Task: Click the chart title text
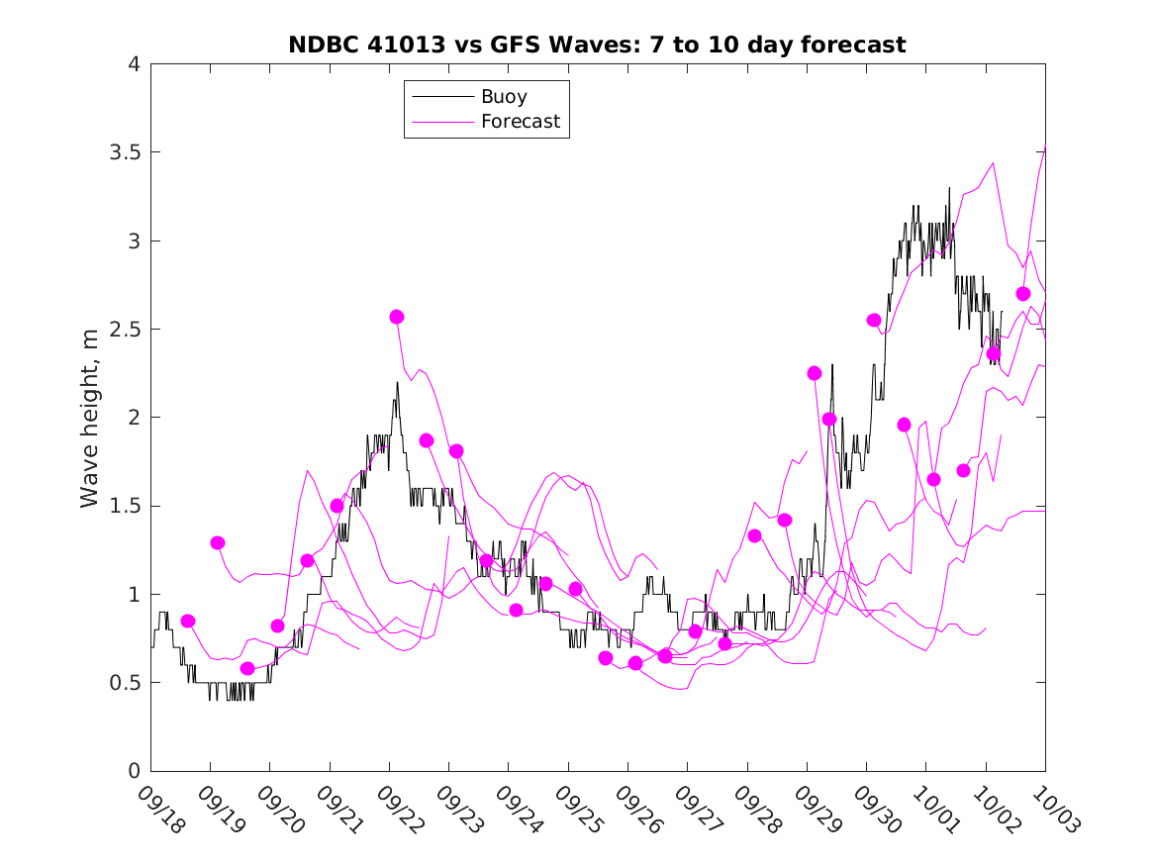(597, 45)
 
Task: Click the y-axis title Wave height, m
(90, 418)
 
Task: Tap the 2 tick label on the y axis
(134, 418)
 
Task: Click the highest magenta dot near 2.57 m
(397, 317)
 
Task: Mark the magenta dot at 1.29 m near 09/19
(218, 542)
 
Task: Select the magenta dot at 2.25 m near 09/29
(815, 373)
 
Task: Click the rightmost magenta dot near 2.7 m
(1023, 294)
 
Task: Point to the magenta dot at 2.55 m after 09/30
(874, 320)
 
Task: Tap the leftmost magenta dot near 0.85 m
(188, 621)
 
